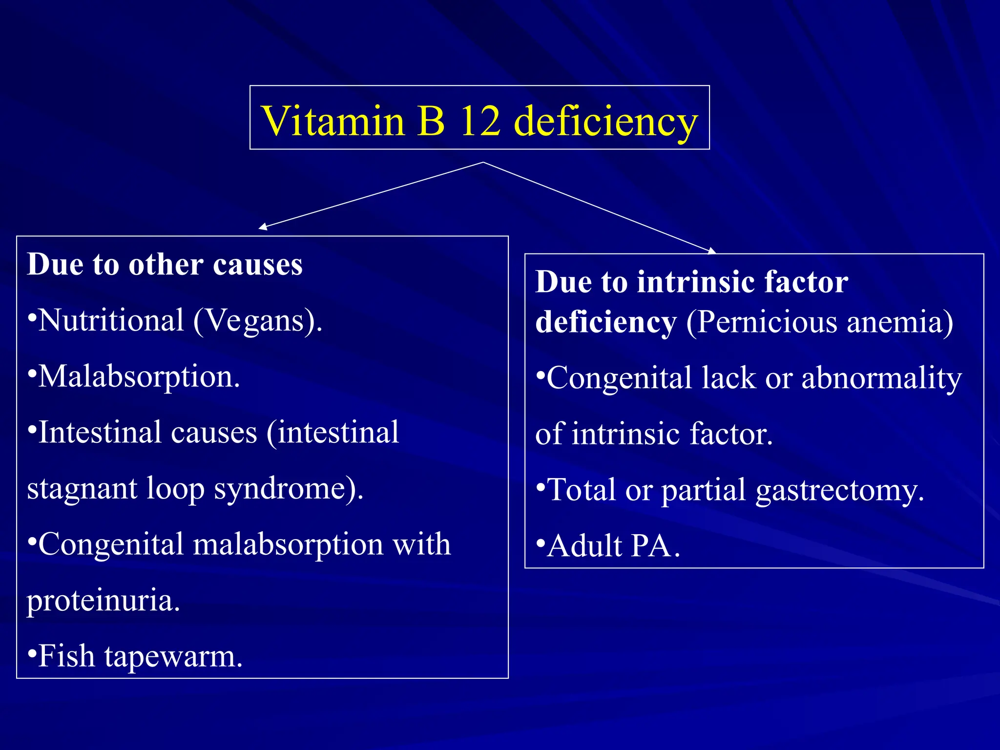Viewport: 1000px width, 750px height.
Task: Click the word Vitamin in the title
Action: click(333, 121)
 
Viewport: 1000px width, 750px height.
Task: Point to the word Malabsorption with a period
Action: click(139, 377)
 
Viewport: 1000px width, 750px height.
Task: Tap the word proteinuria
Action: click(103, 601)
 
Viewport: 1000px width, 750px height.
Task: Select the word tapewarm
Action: click(173, 657)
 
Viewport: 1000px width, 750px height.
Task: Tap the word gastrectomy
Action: click(839, 491)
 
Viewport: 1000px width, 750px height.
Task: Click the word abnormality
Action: click(881, 378)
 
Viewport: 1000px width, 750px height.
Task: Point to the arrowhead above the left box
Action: click(263, 227)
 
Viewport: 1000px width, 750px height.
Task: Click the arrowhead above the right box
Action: click(712, 251)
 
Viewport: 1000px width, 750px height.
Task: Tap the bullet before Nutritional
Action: click(32, 317)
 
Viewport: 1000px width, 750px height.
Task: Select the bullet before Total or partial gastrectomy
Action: click(540, 486)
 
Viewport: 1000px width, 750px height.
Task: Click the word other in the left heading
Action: click(166, 265)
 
